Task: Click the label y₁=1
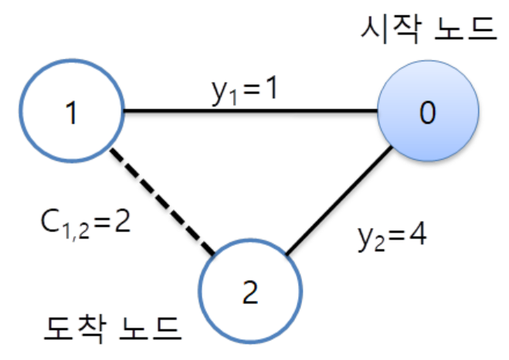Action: (x=245, y=90)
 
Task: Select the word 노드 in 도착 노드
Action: (x=151, y=330)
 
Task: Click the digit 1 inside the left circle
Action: (x=72, y=113)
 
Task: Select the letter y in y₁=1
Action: (x=218, y=92)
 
